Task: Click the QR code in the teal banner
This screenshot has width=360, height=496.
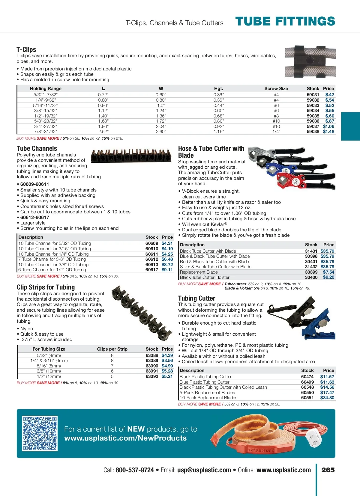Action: [40, 433]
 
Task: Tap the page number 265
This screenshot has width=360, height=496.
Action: [328, 470]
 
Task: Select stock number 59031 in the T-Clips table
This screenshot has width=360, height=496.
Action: [313, 95]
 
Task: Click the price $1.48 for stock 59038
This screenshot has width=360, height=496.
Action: [328, 132]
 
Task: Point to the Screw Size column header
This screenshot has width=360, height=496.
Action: [276, 88]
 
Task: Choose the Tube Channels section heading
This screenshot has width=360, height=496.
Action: [37, 148]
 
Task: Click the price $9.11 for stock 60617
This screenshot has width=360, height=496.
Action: [167, 270]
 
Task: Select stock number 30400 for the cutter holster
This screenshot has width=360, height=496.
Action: [311, 277]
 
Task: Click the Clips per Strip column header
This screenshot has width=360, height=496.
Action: [112, 349]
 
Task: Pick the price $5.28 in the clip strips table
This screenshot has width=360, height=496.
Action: [167, 371]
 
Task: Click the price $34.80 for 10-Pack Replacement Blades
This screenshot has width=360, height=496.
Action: [327, 398]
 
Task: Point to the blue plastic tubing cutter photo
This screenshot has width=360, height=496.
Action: [318, 327]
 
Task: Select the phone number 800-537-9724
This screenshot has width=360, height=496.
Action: [135, 470]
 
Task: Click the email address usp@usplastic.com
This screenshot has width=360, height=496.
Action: [204, 470]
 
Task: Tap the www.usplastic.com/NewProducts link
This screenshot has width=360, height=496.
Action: [125, 438]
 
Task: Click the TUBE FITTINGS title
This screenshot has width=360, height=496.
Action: [285, 22]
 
